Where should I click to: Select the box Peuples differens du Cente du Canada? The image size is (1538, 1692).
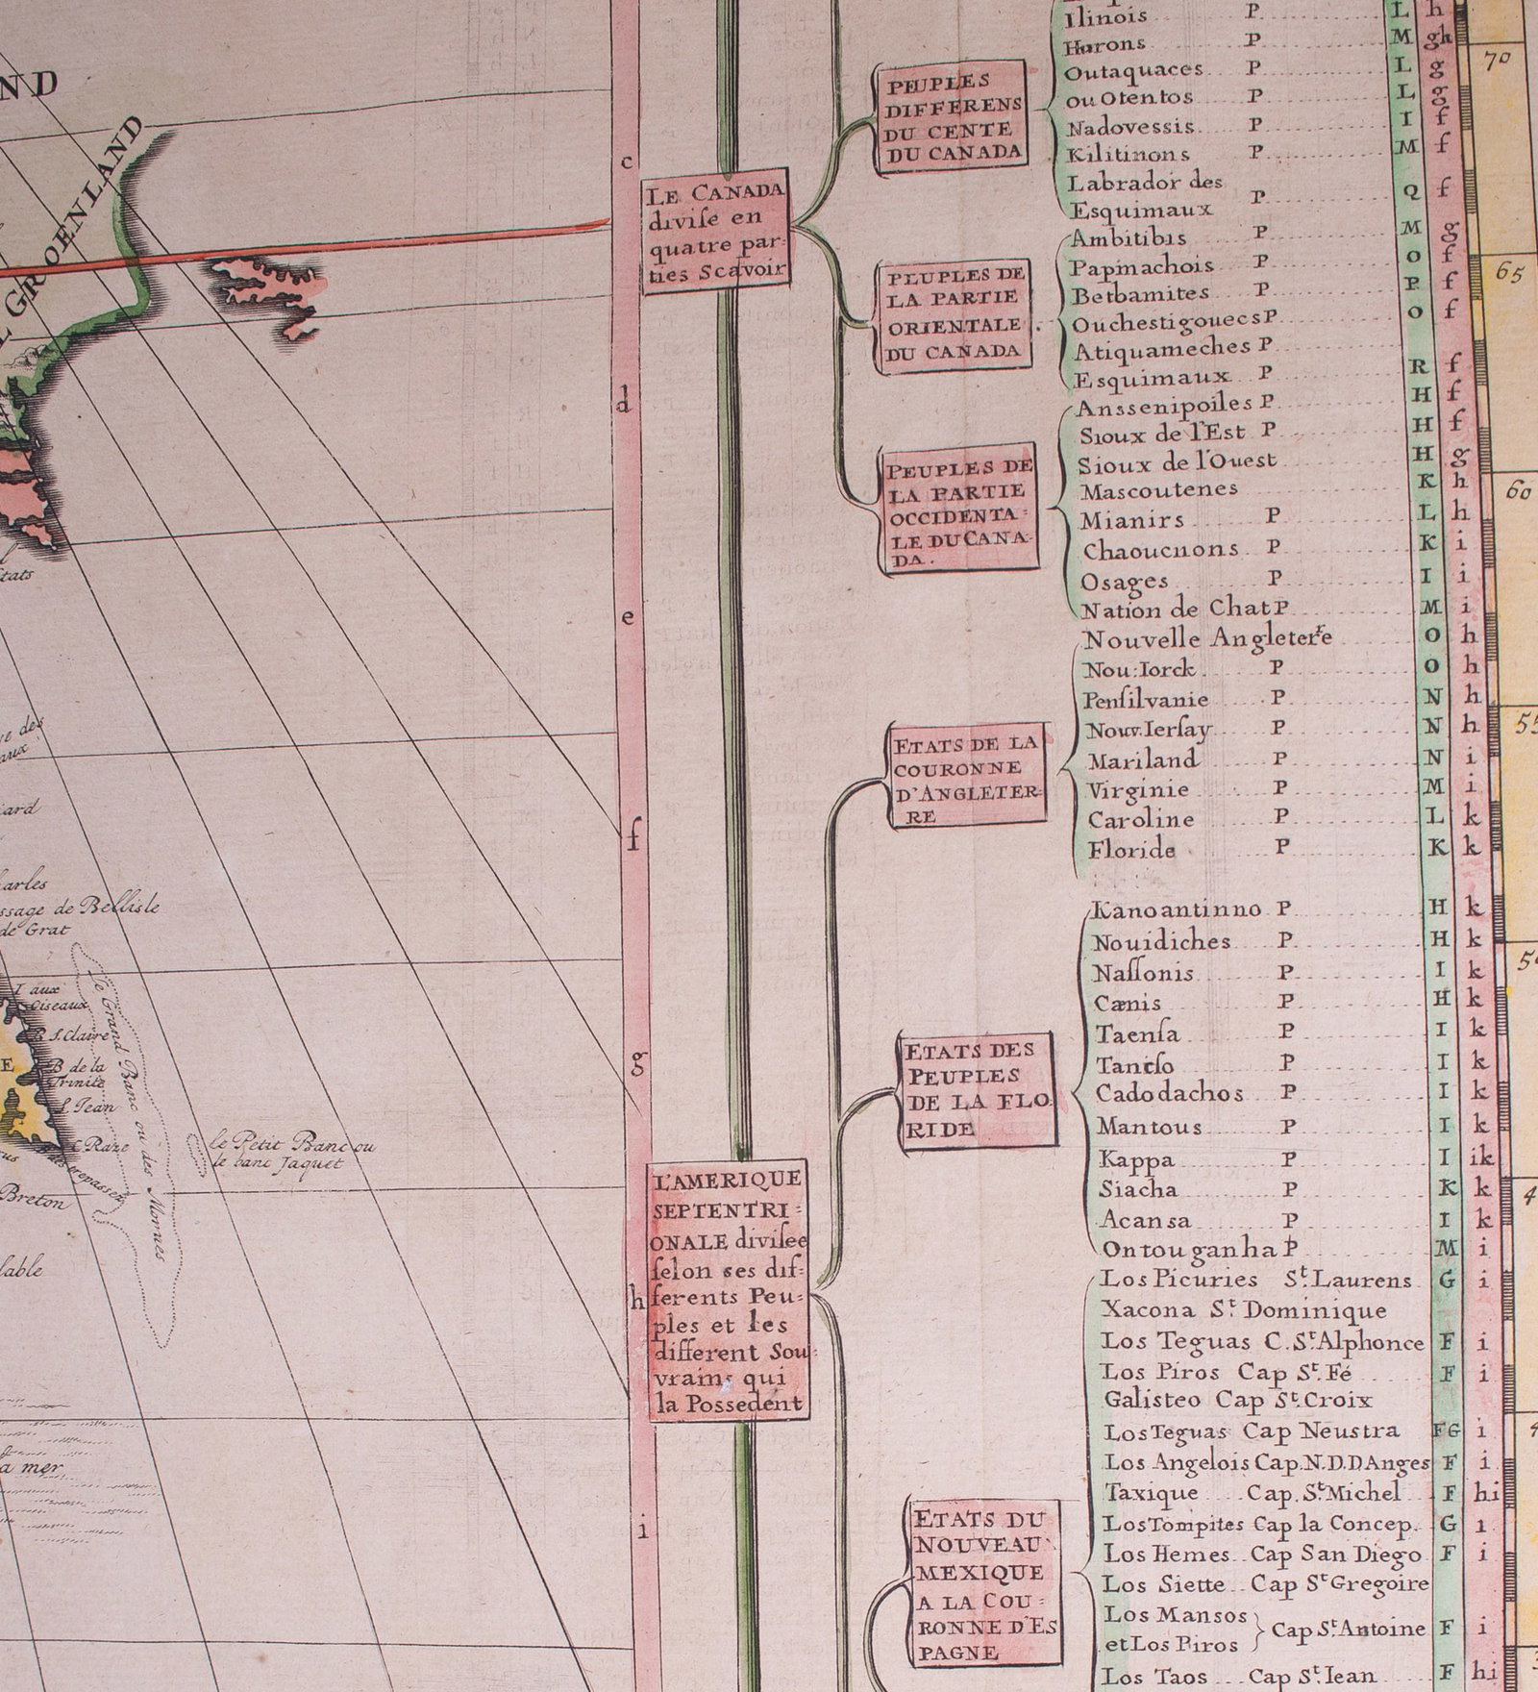pos(950,117)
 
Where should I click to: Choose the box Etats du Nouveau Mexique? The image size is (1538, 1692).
pos(984,1582)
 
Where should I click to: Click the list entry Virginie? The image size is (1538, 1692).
pos(1138,790)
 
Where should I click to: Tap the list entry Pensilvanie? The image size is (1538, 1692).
pos(1145,698)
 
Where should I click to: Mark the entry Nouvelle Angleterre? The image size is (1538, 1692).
pos(1206,638)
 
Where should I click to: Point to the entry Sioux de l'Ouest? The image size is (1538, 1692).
pos(1178,463)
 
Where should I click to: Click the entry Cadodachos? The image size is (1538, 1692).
pos(1169,1094)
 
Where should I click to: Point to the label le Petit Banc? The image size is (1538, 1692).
pos(293,1151)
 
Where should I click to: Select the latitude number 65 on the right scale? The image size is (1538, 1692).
pos(1512,272)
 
